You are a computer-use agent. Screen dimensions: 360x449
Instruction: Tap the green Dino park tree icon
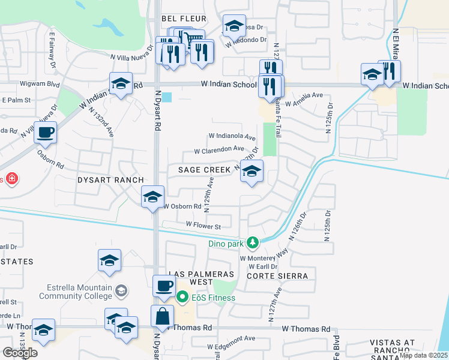click(x=253, y=242)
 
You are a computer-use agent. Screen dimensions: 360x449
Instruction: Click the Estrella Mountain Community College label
click(x=76, y=292)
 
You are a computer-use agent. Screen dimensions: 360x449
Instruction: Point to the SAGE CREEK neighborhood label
click(x=204, y=170)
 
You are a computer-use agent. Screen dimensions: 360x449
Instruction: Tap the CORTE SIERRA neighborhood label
click(x=277, y=276)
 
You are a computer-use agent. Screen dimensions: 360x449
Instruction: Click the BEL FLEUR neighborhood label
click(x=184, y=19)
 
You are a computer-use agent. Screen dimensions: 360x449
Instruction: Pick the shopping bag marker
click(x=162, y=316)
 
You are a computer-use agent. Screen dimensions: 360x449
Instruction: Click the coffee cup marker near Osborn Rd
click(x=45, y=133)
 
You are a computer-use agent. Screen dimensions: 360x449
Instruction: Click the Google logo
click(x=20, y=353)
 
